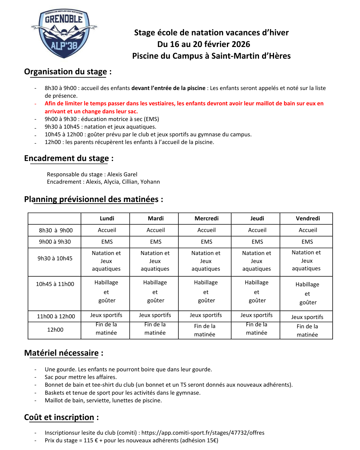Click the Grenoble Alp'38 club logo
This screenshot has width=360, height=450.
(64, 33)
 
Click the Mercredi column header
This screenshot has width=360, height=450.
(206, 218)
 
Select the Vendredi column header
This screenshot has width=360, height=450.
(308, 218)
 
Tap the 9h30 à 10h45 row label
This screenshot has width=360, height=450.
(55, 258)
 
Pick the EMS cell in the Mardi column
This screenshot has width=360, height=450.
(156, 242)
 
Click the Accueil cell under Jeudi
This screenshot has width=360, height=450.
(257, 230)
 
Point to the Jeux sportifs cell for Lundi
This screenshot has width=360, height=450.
(106, 315)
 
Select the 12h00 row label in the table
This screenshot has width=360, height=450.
(55, 330)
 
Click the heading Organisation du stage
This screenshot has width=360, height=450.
(66, 72)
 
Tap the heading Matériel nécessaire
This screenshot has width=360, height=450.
(62, 353)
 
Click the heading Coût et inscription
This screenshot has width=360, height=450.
(59, 417)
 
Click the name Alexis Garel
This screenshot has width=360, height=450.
(122, 174)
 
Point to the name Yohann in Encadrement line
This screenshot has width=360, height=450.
(150, 182)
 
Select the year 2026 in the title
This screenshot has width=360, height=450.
(241, 44)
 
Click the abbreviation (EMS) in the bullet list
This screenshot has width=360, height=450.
(151, 119)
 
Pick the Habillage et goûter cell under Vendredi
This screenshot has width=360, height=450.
(307, 294)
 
